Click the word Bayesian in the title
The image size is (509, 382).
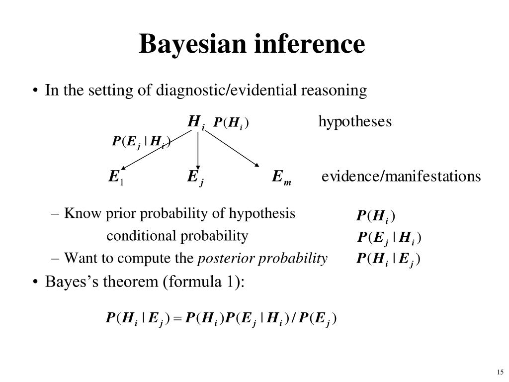(193, 44)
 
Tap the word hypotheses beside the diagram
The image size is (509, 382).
(355, 121)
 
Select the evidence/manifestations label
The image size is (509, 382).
(401, 177)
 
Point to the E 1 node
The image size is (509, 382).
(116, 178)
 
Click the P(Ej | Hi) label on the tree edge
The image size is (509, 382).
(141, 142)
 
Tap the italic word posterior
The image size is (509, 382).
(220, 259)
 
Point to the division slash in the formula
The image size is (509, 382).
(294, 318)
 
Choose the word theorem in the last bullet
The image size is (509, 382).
(131, 282)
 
